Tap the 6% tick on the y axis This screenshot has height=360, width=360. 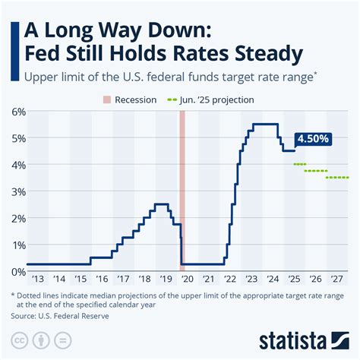click(17, 112)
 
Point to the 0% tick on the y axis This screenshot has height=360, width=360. click(17, 271)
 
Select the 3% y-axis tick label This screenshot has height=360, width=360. click(17, 191)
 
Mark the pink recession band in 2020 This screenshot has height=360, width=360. click(182, 190)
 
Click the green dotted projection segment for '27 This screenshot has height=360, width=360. click(338, 178)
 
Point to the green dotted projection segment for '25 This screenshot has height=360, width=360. click(299, 164)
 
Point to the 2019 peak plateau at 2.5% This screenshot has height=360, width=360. click(161, 204)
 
